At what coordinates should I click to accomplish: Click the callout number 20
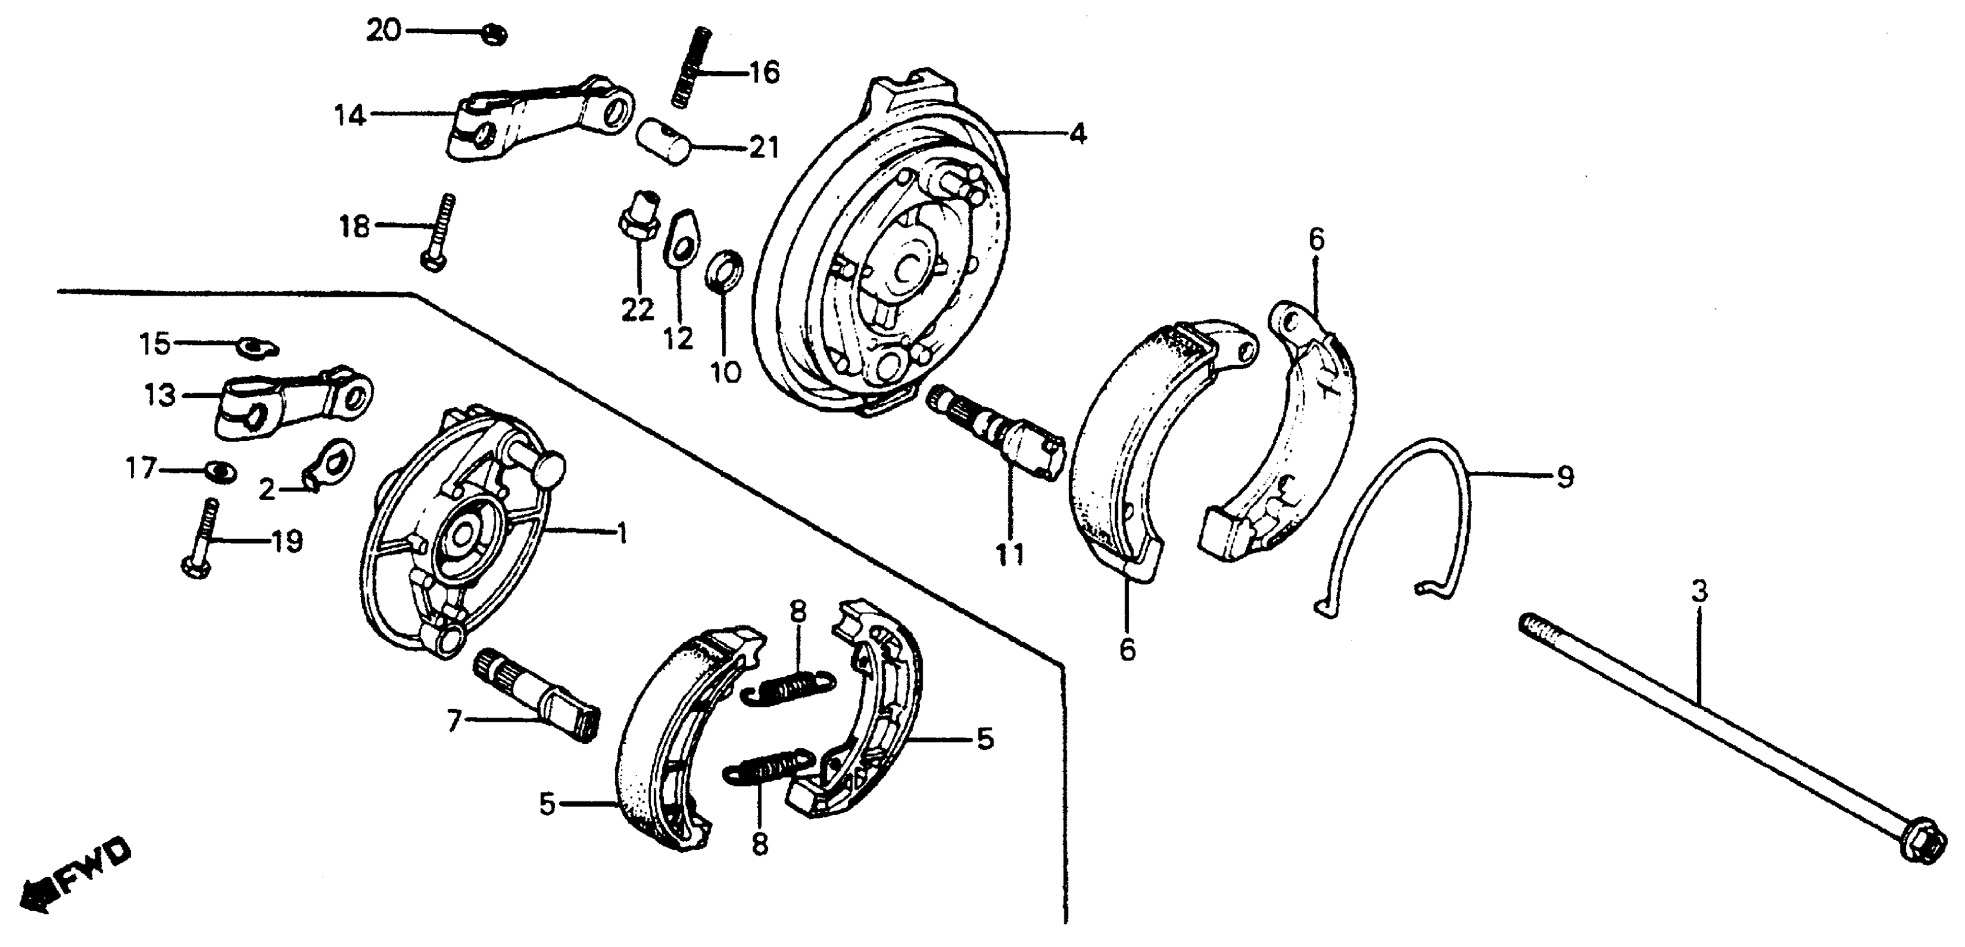point(383,31)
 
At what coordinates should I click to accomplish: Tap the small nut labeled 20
point(495,35)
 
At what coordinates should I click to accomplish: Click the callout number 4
point(1076,134)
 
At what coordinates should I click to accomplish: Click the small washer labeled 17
point(221,471)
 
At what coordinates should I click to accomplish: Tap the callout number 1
point(622,533)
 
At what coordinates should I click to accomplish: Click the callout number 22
point(637,309)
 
